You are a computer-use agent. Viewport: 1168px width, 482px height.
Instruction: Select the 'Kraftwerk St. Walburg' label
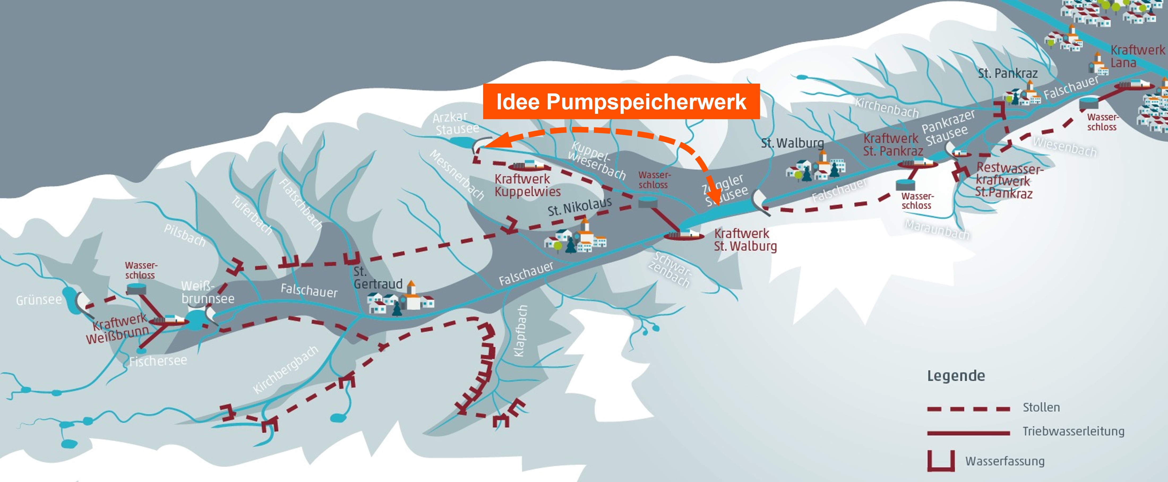coord(745,240)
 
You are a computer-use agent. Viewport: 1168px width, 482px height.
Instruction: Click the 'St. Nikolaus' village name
coord(579,206)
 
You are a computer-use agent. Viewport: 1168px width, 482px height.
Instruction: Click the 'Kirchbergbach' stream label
coord(286,369)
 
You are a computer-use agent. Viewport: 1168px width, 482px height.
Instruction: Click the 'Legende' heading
coord(956,376)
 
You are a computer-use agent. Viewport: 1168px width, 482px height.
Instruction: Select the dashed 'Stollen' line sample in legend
coord(968,409)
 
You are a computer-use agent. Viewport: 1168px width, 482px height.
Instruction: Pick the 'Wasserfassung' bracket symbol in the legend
coord(941,460)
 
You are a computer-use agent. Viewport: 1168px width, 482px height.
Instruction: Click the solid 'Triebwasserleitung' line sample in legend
coord(968,433)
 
